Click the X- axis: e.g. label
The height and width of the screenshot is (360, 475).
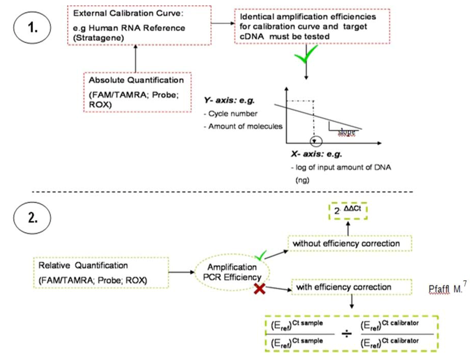316,155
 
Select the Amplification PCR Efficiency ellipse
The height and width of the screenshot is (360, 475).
232,272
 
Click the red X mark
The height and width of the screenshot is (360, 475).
260,289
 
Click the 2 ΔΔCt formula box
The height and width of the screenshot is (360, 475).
348,212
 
